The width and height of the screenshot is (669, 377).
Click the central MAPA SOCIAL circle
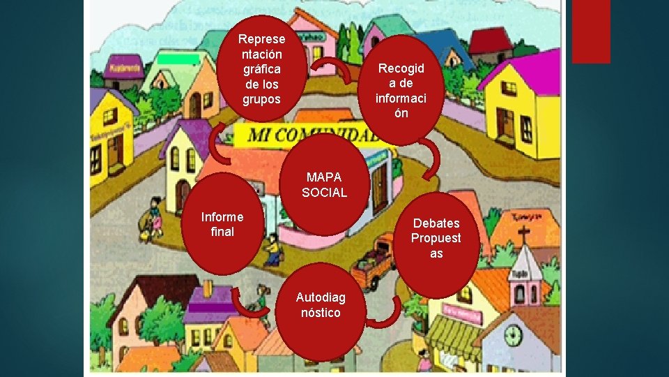[324, 184]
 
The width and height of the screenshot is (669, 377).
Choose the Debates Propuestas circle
[436, 238]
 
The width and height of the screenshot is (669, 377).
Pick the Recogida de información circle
[401, 89]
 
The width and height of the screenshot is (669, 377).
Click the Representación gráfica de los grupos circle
[261, 69]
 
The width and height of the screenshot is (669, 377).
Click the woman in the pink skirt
[155, 216]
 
